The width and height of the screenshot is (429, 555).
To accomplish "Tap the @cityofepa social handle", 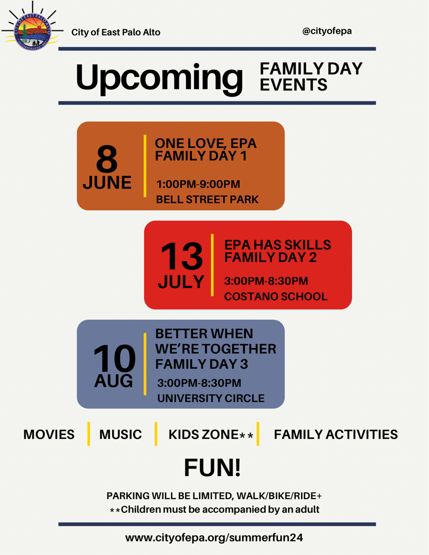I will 327,31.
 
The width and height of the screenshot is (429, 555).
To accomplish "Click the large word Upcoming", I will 159,77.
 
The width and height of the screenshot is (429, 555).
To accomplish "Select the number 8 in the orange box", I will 107,160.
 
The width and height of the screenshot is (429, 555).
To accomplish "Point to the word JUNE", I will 107,183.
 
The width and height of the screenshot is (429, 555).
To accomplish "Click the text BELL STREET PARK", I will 207,199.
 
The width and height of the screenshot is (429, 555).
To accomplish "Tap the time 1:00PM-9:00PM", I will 198,184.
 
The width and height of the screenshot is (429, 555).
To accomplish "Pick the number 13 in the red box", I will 181,256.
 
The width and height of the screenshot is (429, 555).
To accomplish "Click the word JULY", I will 181,282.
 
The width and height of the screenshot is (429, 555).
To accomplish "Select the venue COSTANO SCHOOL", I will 276,296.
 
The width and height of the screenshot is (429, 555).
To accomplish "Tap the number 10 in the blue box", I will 114,359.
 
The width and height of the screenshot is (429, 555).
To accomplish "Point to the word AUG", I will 113,381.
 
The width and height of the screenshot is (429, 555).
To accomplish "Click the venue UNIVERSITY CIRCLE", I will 211,398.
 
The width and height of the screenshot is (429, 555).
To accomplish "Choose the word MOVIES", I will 49,434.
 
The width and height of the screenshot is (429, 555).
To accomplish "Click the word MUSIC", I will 120,434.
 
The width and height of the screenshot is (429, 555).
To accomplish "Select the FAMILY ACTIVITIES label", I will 336,434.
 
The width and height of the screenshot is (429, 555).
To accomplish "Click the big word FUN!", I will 212,467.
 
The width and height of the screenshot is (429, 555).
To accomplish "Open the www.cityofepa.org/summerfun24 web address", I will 214,538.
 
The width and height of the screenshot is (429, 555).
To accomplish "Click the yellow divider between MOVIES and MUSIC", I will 88,434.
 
